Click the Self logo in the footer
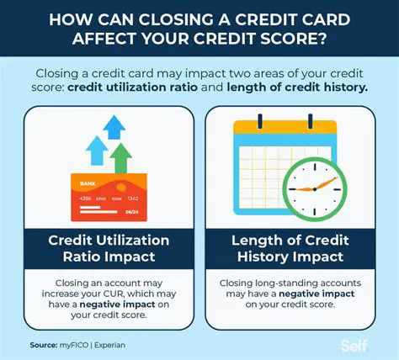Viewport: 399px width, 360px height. click(355, 345)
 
